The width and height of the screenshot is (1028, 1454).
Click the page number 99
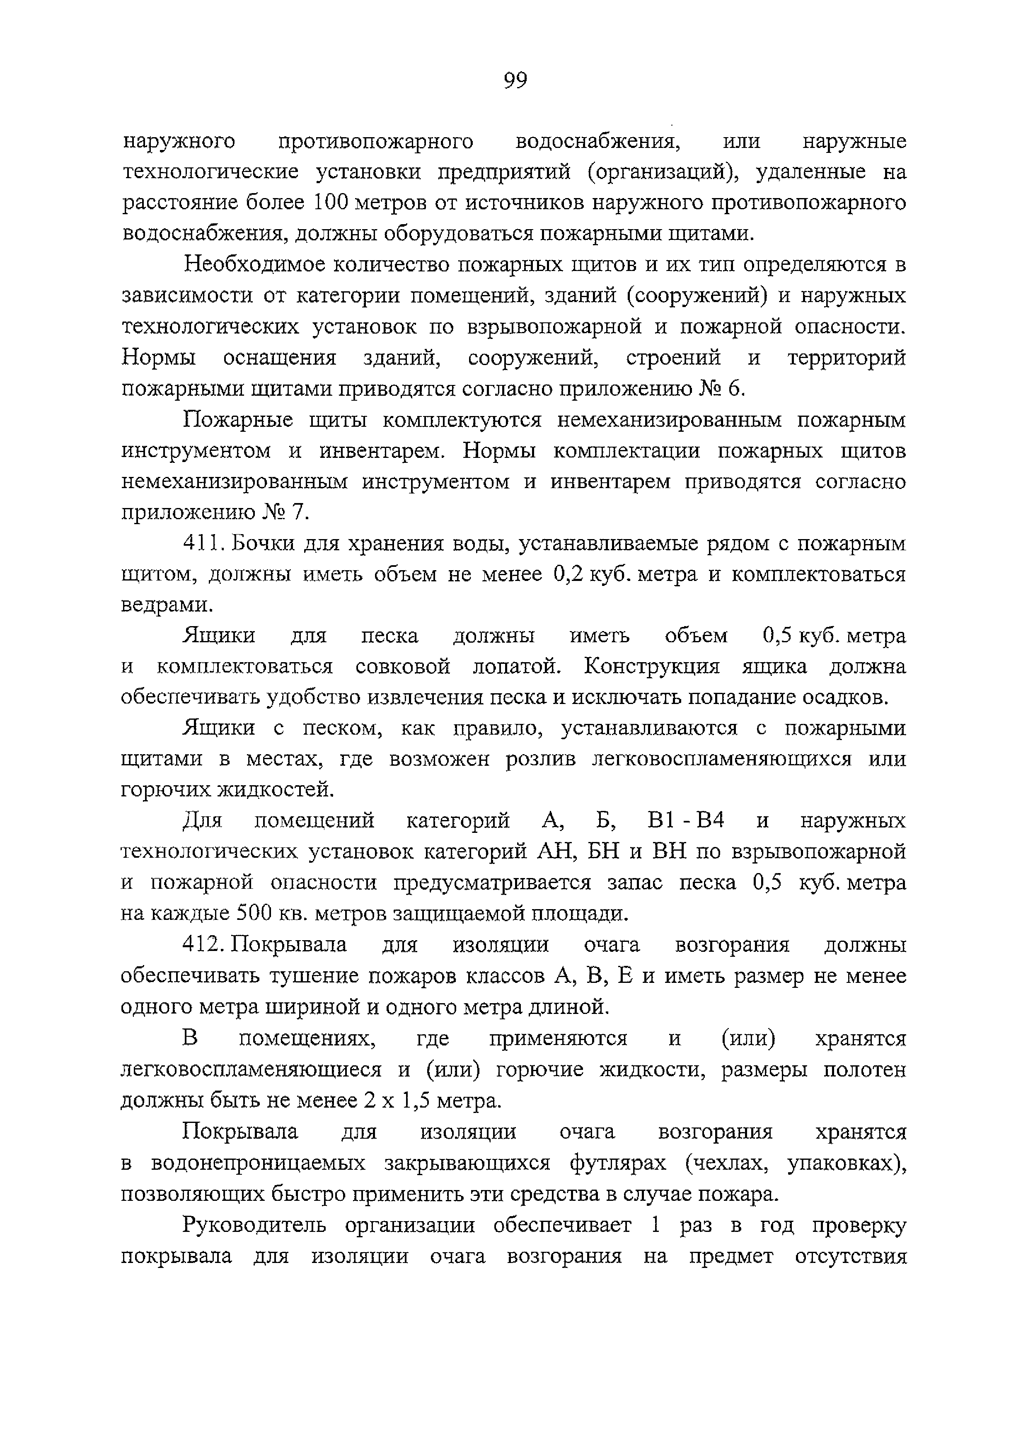[x=515, y=80]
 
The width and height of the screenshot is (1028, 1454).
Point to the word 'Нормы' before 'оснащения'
[x=158, y=358]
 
